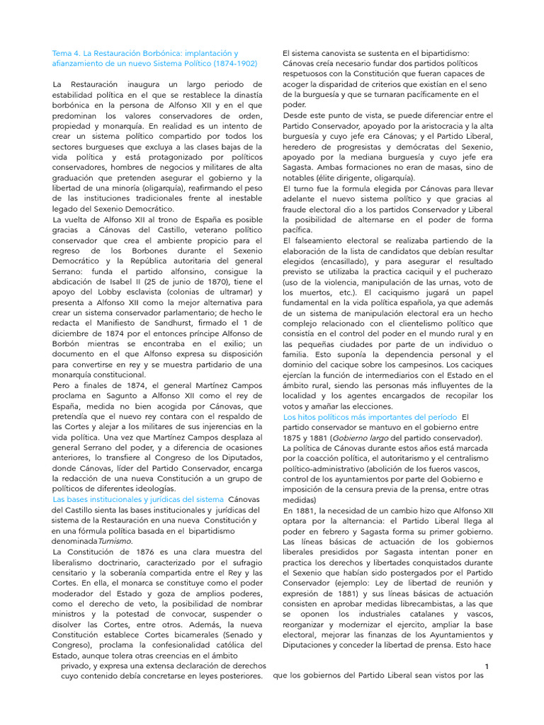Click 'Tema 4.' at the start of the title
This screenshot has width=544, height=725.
(67, 53)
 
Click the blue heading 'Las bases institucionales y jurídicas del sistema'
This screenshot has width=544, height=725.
(138, 499)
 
